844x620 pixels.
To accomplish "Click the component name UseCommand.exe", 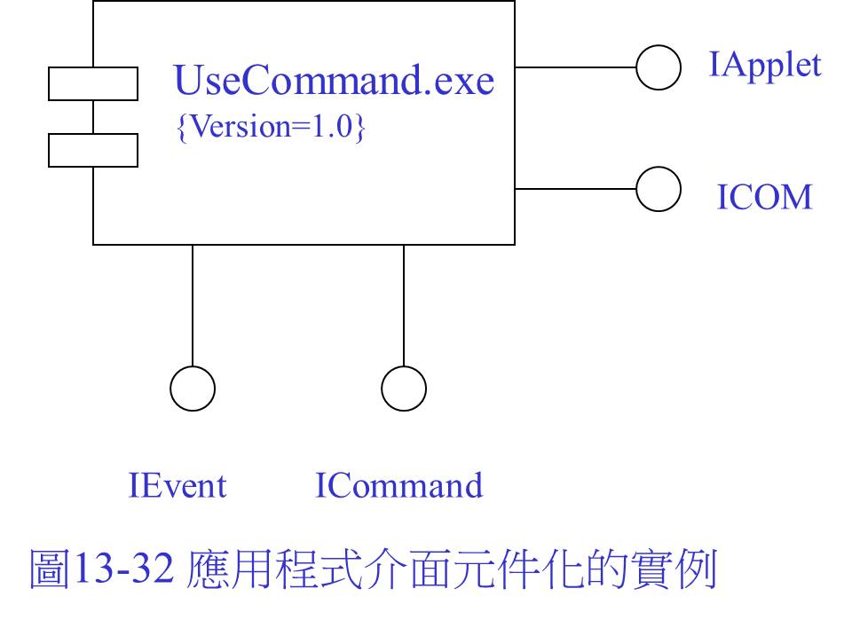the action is click(x=334, y=80).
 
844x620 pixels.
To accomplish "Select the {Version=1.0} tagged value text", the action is click(x=271, y=127).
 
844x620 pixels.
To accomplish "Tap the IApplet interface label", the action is click(x=765, y=67).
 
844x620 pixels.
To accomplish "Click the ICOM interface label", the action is click(x=764, y=197).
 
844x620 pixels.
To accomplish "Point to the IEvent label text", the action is click(x=177, y=485).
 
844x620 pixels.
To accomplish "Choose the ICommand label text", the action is click(x=398, y=485).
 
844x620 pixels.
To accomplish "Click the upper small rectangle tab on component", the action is click(x=93, y=67).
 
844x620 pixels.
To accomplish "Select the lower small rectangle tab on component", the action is click(x=93, y=135).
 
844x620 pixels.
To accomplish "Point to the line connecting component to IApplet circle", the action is click(x=575, y=67).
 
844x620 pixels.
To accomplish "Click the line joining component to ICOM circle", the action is click(x=575, y=189).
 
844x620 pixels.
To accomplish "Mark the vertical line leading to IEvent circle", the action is click(x=193, y=305).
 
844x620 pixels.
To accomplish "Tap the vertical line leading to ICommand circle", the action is click(x=404, y=305).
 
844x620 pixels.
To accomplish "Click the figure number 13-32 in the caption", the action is click(x=123, y=569).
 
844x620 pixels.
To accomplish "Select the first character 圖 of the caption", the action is click(x=50, y=569).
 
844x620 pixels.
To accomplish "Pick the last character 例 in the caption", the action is click(x=696, y=569).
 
